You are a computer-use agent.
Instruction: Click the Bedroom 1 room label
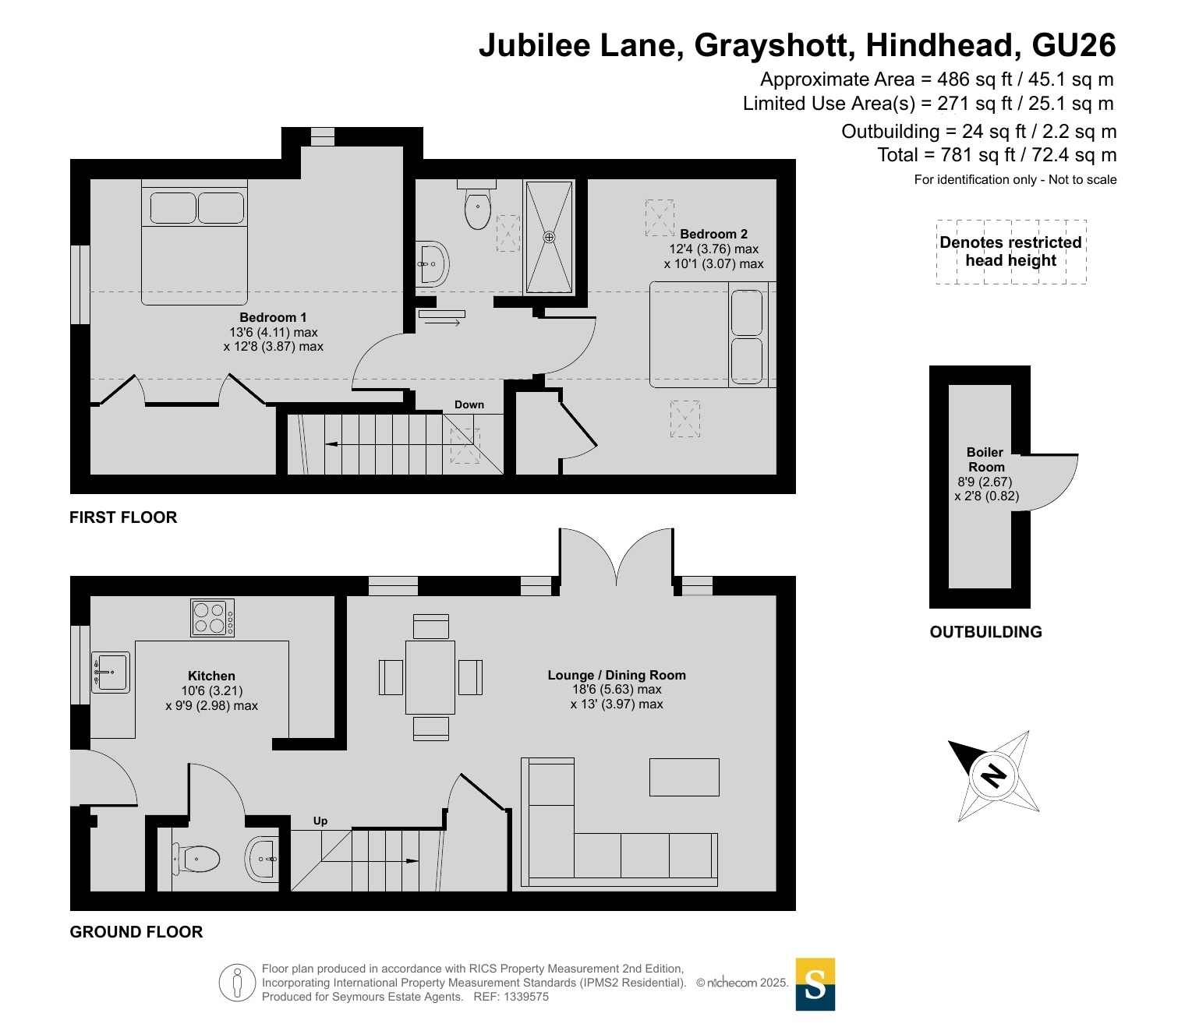(273, 317)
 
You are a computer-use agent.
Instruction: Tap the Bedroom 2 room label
(713, 234)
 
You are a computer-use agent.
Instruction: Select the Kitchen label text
(211, 676)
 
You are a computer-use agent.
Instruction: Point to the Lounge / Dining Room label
(617, 675)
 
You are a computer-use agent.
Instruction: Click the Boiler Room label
(985, 460)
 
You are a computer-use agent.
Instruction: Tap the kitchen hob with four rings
(213, 618)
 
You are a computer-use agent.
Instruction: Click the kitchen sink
(111, 673)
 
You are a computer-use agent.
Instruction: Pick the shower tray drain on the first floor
(549, 237)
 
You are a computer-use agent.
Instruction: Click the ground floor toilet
(196, 859)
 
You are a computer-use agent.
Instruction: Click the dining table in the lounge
(430, 677)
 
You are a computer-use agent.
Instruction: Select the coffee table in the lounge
(684, 778)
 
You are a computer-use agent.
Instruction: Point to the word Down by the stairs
(469, 404)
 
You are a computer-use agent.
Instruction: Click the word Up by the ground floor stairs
(320, 821)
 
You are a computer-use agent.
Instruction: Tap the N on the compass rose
(993, 775)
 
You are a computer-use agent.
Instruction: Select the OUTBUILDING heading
(985, 631)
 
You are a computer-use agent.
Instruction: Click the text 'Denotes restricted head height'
(1010, 251)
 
